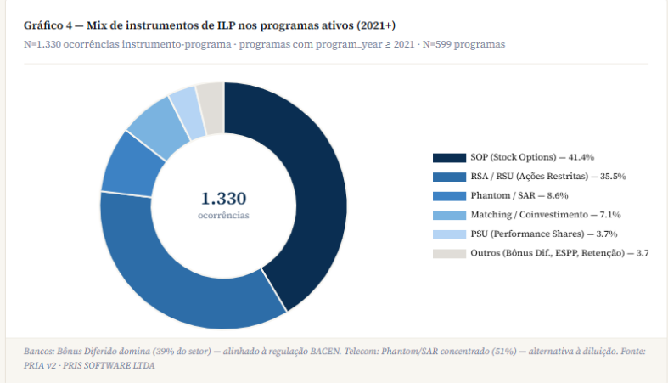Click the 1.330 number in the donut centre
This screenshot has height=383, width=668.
(x=223, y=199)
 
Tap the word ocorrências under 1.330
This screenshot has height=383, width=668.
(x=223, y=216)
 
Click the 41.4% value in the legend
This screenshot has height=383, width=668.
(x=581, y=157)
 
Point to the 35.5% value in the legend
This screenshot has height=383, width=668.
(x=613, y=177)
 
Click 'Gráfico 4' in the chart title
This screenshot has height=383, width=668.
(x=49, y=25)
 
